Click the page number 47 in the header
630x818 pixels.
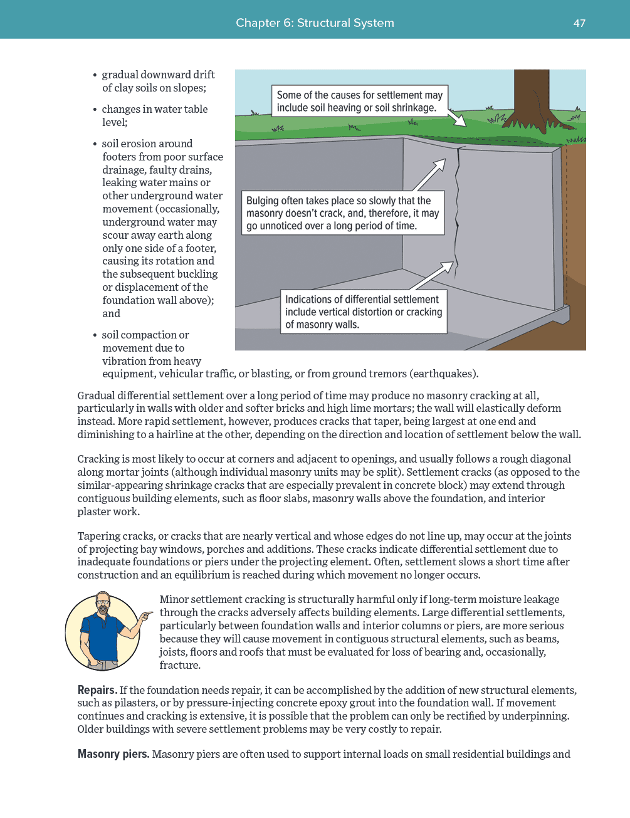[x=579, y=23]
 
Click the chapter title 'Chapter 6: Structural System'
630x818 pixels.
[x=315, y=23]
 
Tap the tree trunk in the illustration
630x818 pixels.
[x=531, y=95]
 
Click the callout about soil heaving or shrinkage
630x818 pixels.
[x=360, y=102]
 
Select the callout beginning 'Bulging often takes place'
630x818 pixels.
[x=343, y=213]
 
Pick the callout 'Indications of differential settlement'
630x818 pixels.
[x=364, y=312]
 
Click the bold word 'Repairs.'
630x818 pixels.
[x=97, y=690]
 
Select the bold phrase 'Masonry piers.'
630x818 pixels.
[x=113, y=754]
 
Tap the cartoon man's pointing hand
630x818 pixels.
[x=146, y=616]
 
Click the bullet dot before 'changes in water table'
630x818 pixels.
[x=95, y=110]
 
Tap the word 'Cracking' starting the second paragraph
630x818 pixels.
[x=98, y=459]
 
